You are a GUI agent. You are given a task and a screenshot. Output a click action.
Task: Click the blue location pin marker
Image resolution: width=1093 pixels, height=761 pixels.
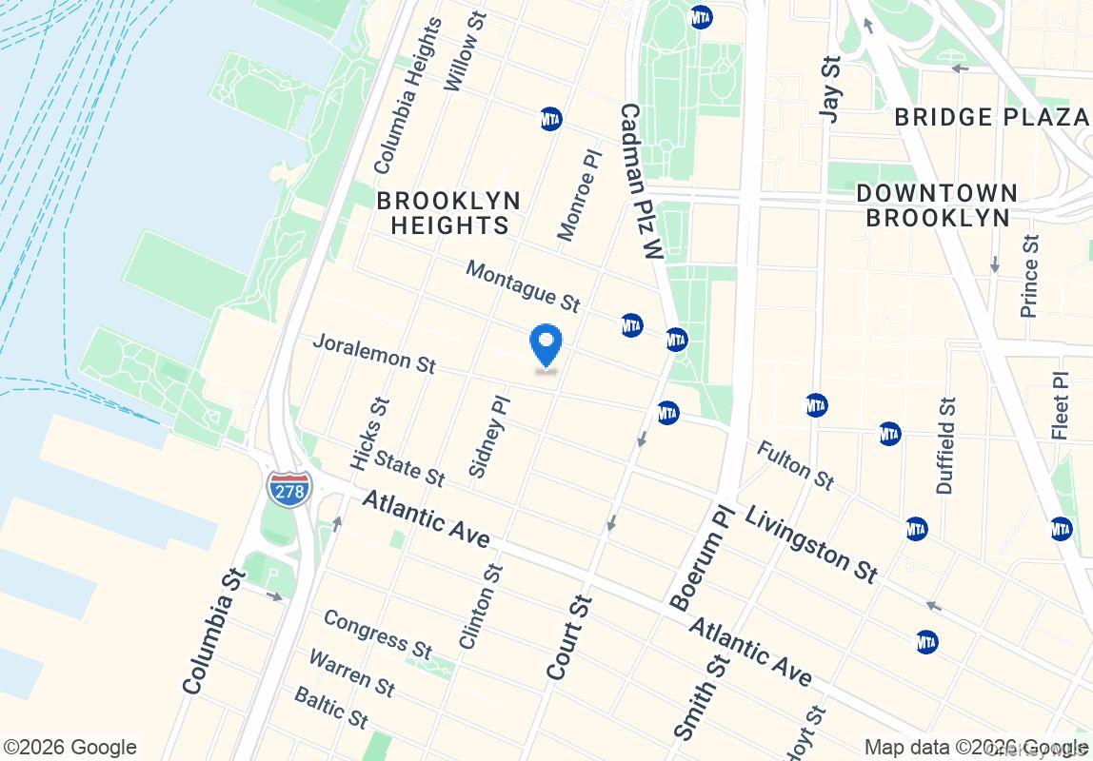pyautogui.click(x=546, y=345)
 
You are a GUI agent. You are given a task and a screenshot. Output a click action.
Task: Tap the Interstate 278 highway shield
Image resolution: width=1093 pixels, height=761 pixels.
pyautogui.click(x=288, y=489)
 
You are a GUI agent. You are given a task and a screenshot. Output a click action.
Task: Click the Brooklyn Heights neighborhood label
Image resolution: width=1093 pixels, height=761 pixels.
pyautogui.click(x=448, y=213)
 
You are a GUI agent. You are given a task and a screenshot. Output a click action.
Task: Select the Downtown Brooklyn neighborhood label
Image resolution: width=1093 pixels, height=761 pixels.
pyautogui.click(x=937, y=205)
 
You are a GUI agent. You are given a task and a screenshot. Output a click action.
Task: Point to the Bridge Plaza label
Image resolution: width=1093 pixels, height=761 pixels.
pyautogui.click(x=991, y=117)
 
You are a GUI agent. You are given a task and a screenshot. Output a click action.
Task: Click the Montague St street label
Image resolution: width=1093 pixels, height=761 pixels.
pyautogui.click(x=523, y=286)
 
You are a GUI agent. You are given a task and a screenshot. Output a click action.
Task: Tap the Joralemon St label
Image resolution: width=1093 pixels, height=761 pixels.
pyautogui.click(x=374, y=352)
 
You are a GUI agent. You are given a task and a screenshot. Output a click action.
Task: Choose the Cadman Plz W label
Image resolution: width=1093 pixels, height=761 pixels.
pyautogui.click(x=640, y=182)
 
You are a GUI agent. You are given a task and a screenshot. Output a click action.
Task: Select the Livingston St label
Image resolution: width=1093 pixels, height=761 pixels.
pyautogui.click(x=811, y=543)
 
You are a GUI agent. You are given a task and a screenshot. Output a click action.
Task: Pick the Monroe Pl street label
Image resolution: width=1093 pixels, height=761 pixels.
pyautogui.click(x=581, y=194)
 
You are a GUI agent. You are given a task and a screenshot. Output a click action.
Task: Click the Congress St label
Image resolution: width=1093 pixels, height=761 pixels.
pyautogui.click(x=377, y=633)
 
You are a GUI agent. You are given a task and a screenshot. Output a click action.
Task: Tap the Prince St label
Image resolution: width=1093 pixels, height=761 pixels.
pyautogui.click(x=1030, y=275)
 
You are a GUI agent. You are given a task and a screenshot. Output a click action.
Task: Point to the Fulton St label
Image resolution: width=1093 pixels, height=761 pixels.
pyautogui.click(x=796, y=465)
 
